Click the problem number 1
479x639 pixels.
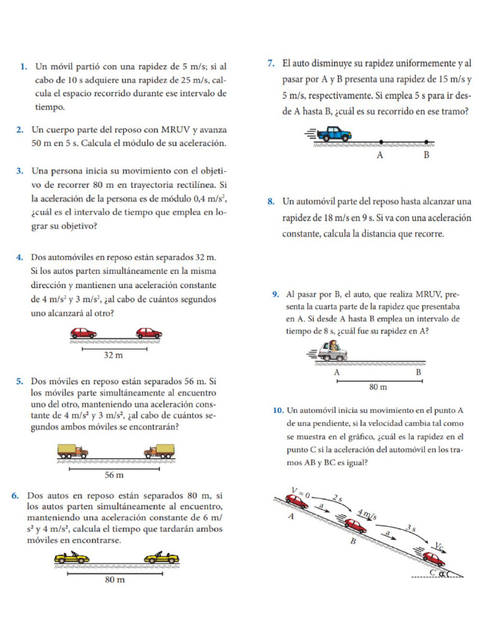(x=23, y=66)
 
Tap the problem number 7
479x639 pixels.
(x=271, y=63)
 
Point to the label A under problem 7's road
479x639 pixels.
(x=380, y=155)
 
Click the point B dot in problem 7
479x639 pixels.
(x=426, y=142)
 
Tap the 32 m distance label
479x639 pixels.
(x=113, y=355)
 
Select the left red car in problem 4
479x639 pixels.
(x=83, y=333)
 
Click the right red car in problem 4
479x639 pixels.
(x=149, y=333)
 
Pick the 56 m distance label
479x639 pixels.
(x=114, y=475)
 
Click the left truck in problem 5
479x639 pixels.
(x=72, y=451)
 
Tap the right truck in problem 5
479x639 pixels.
(x=159, y=451)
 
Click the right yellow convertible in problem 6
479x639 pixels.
(x=162, y=557)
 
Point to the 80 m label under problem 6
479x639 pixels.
(x=114, y=580)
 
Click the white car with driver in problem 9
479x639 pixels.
(x=332, y=352)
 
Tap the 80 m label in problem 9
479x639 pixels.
(x=379, y=387)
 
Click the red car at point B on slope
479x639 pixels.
(x=355, y=525)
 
